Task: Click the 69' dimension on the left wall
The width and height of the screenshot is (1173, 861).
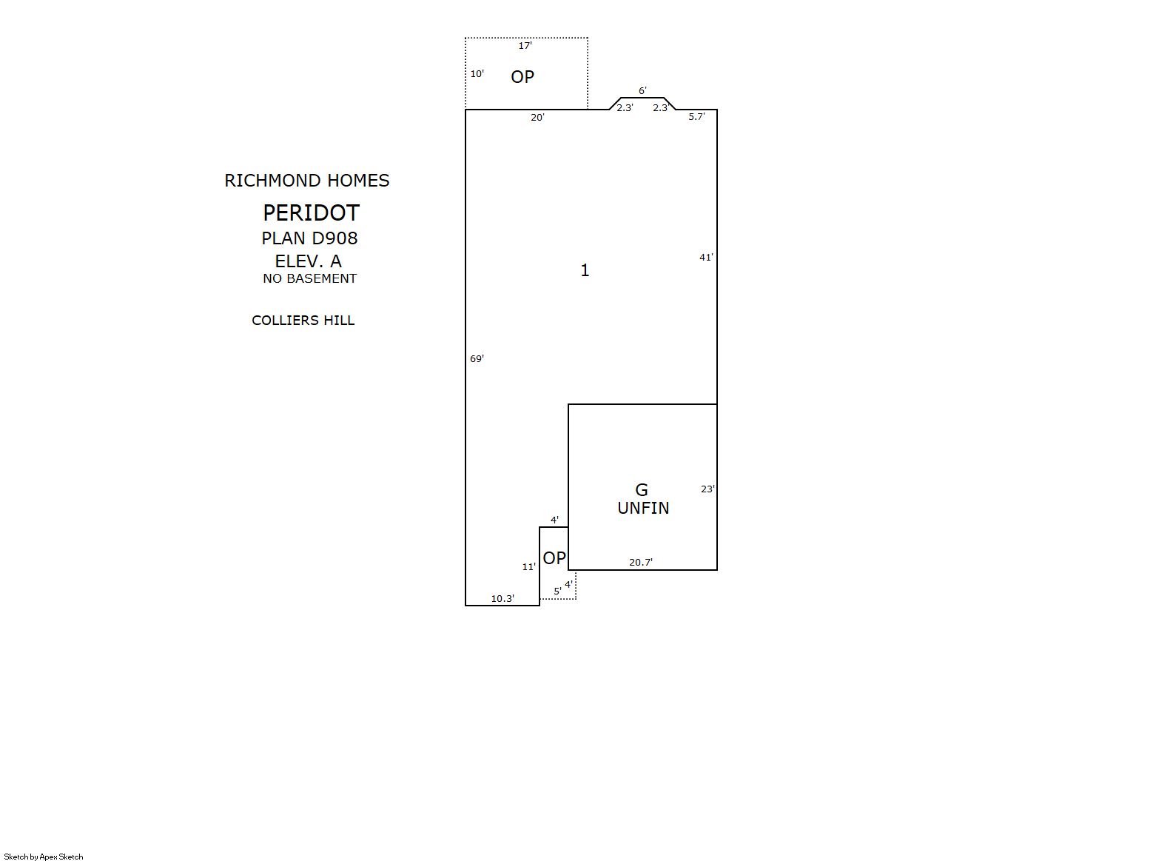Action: point(477,359)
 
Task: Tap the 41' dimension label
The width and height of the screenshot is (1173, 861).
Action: point(707,257)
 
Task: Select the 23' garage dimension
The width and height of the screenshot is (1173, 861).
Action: point(708,489)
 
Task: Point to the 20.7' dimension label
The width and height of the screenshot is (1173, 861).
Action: point(641,562)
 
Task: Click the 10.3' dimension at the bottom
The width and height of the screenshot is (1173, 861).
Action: point(503,599)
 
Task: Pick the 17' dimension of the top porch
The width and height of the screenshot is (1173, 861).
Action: point(525,46)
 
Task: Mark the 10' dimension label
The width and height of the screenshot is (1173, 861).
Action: point(477,74)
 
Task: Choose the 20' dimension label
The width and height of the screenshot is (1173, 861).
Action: point(538,117)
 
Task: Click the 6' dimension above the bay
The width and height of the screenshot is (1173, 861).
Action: point(642,90)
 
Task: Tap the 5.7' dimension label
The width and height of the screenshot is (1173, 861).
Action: point(696,116)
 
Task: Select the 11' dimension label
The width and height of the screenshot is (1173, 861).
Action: point(529,566)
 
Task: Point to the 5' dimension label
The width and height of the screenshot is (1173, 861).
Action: point(558,591)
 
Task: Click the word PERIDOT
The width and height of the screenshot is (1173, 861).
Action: point(311,212)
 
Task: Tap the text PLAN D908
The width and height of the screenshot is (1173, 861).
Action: point(309,238)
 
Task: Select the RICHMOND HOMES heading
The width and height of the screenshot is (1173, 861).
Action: point(307,181)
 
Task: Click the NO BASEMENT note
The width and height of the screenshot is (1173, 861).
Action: point(309,278)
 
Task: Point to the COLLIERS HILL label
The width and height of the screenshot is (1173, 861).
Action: point(303,321)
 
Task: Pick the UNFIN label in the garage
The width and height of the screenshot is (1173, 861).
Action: point(643,508)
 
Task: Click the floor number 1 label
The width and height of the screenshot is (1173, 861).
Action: point(585,270)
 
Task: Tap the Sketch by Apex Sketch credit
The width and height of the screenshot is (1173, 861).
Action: point(44,857)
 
